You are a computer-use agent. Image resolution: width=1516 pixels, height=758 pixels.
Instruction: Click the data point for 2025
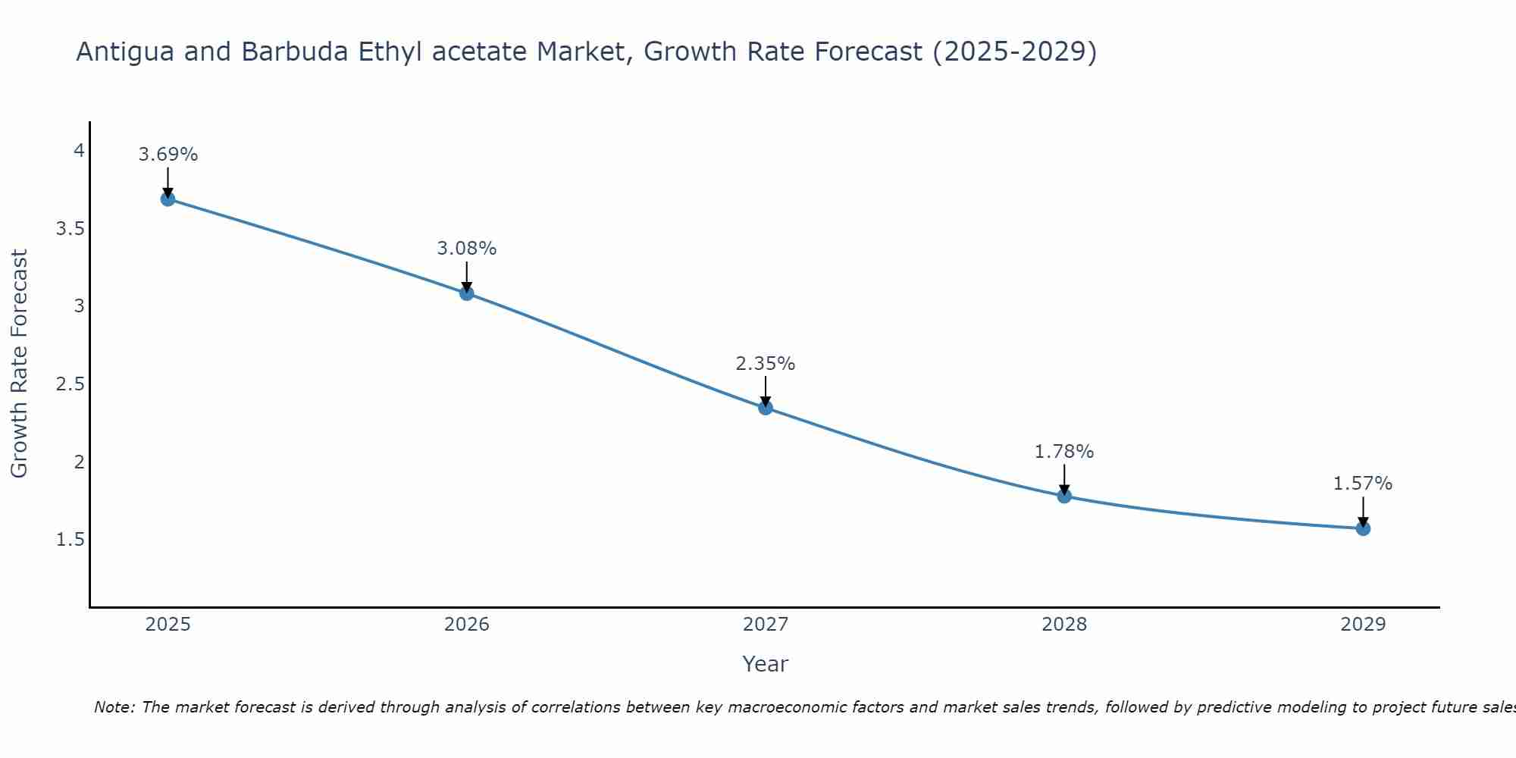pyautogui.click(x=168, y=199)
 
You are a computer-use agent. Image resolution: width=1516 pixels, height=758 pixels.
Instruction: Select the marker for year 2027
pyautogui.click(x=766, y=408)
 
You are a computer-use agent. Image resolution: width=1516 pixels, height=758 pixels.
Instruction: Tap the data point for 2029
pyautogui.click(x=1363, y=528)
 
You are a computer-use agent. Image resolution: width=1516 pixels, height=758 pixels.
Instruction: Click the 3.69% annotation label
pyautogui.click(x=168, y=155)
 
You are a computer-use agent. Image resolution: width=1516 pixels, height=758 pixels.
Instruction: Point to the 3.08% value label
pyautogui.click(x=467, y=249)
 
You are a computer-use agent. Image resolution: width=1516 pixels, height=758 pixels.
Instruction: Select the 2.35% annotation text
pyautogui.click(x=766, y=364)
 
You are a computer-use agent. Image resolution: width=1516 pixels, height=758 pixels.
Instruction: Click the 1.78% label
pyautogui.click(x=1064, y=452)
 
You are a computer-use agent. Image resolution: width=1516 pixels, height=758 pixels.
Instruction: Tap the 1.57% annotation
pyautogui.click(x=1363, y=484)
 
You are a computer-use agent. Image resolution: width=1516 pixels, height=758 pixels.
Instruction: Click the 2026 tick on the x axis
pyautogui.click(x=467, y=625)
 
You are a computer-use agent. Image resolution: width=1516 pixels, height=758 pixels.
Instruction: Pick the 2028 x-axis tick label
pyautogui.click(x=1064, y=625)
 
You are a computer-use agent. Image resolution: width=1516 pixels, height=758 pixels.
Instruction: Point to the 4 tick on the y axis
pyautogui.click(x=79, y=151)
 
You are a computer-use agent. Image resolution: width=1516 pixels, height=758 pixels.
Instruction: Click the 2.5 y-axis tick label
pyautogui.click(x=70, y=384)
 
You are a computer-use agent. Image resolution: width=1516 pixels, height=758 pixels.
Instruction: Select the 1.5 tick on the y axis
pyautogui.click(x=70, y=540)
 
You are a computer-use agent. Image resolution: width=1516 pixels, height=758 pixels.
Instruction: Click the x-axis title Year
pyautogui.click(x=766, y=664)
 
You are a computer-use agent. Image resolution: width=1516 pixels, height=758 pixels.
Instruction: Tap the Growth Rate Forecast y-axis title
pyautogui.click(x=20, y=364)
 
